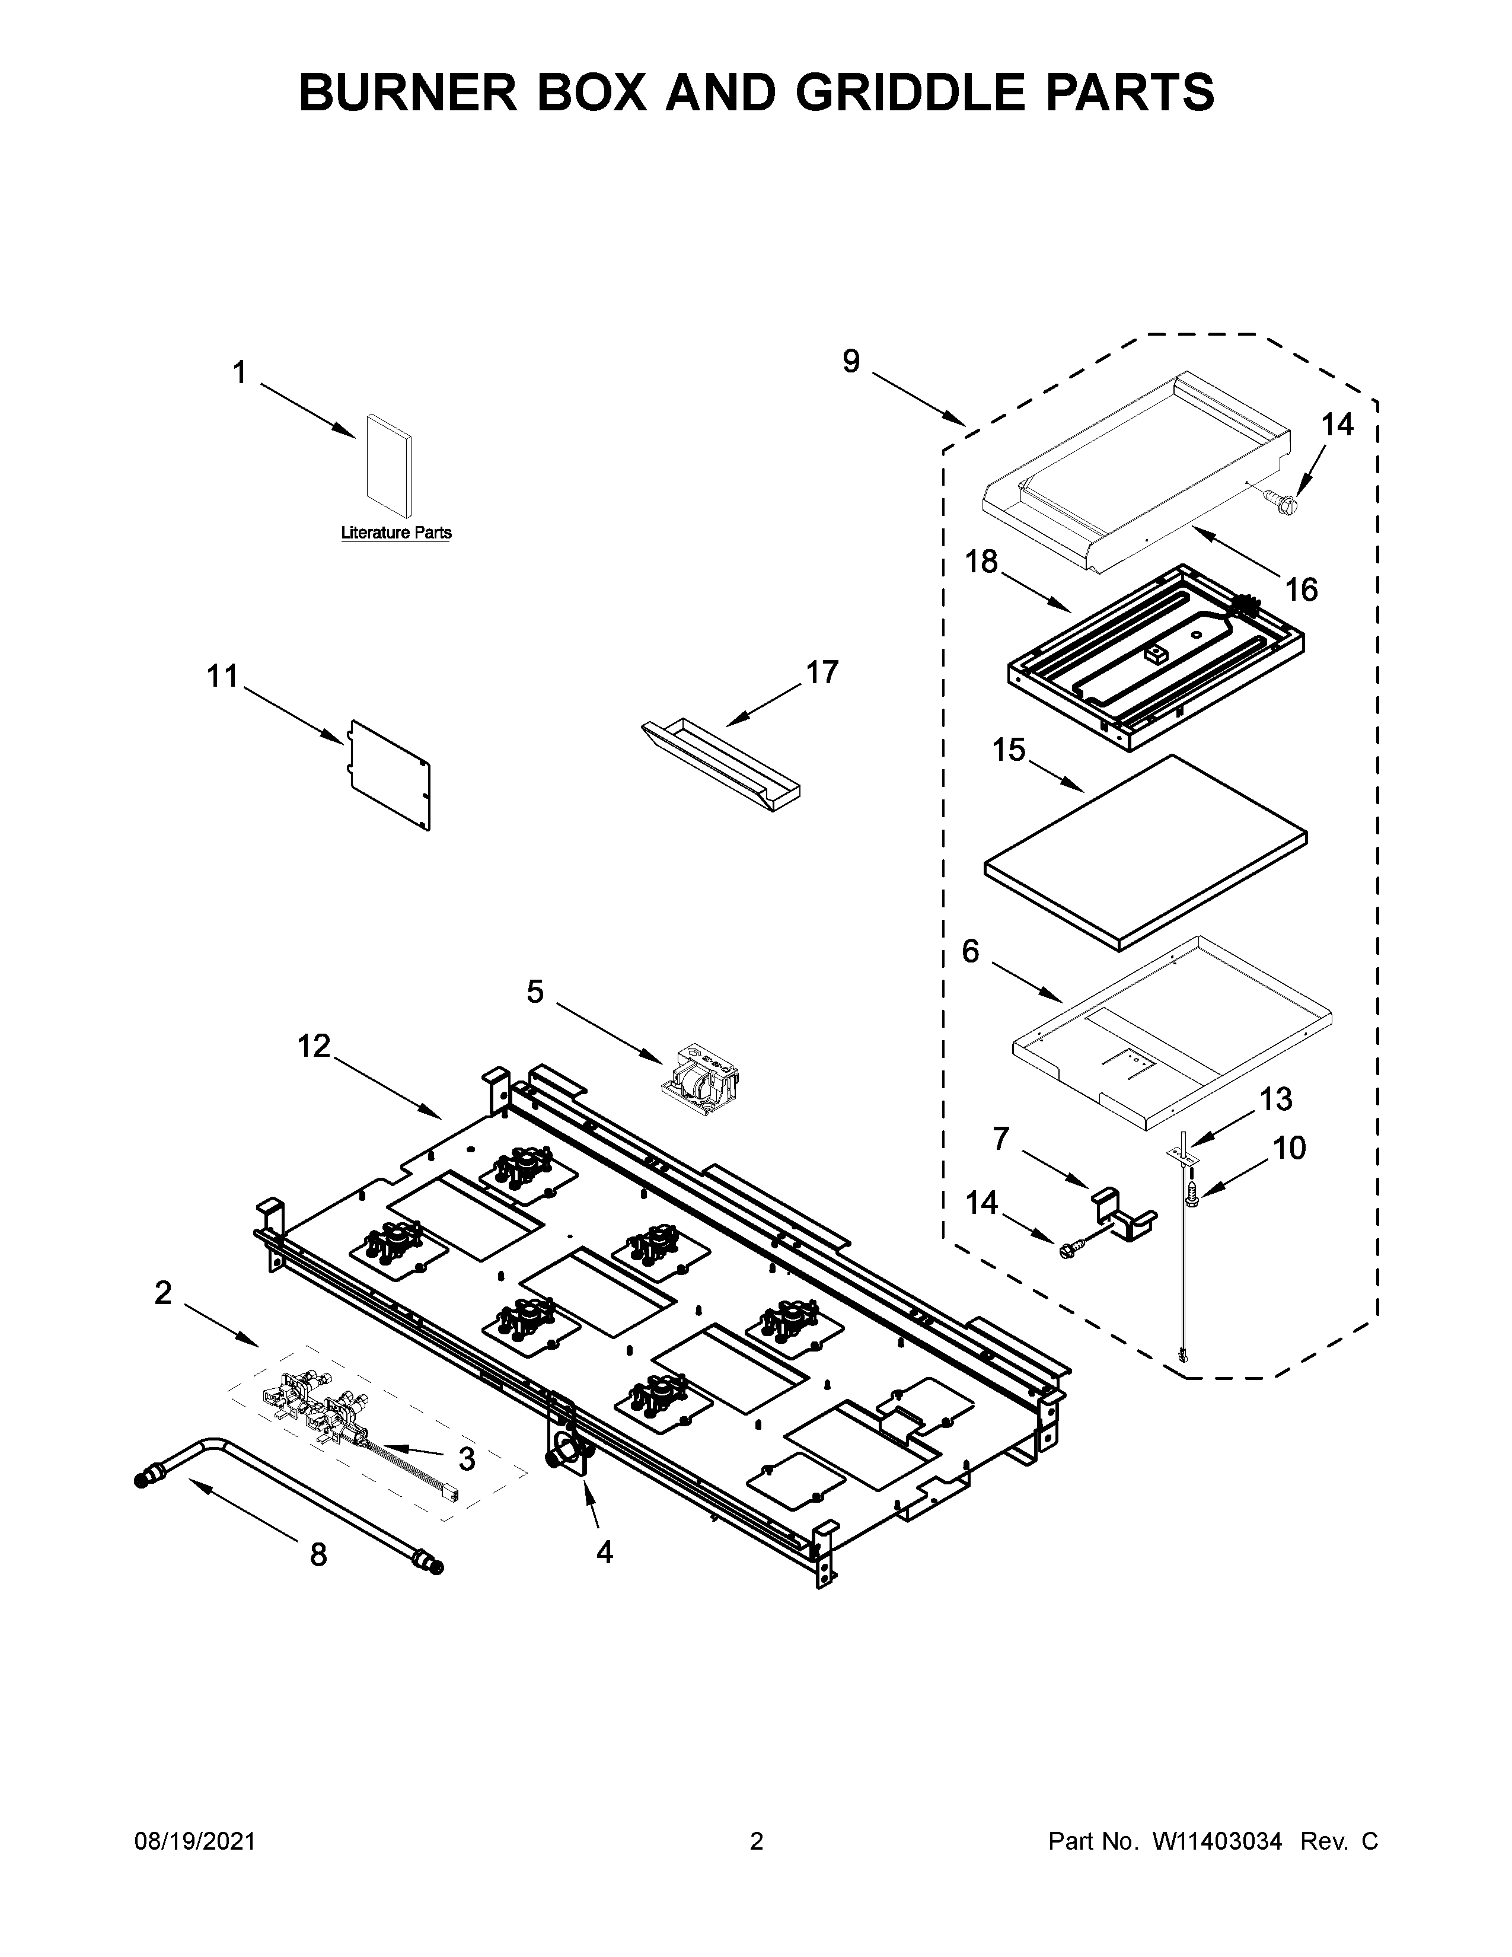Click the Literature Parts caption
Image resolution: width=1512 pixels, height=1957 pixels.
(x=396, y=533)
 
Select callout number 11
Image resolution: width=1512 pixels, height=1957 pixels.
(x=223, y=677)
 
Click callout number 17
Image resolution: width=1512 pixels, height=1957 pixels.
(x=821, y=671)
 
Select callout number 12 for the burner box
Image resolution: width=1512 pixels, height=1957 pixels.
(x=314, y=1045)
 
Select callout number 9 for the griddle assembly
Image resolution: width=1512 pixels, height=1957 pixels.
(x=851, y=361)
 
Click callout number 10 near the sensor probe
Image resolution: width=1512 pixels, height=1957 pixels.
(x=1289, y=1148)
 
